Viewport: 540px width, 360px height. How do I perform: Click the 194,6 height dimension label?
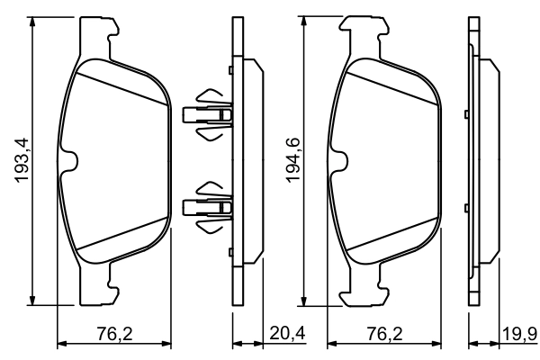tap(292, 161)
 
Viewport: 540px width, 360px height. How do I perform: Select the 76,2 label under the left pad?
tap(114, 334)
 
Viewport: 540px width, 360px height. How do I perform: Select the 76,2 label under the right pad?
tap(383, 334)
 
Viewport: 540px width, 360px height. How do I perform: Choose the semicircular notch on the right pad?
tap(340, 161)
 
